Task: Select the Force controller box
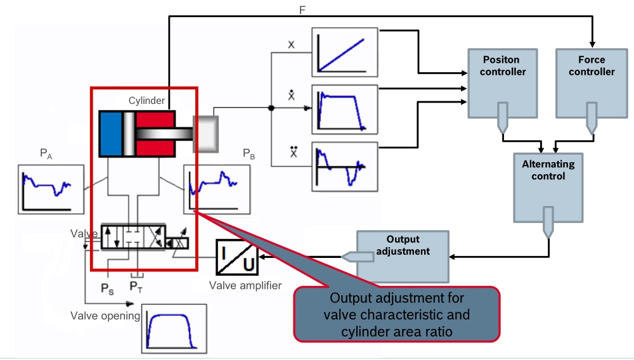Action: [x=591, y=82]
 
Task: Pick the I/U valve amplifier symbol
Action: [x=236, y=257]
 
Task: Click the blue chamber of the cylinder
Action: [x=111, y=134]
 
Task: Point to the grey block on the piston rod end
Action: [x=205, y=134]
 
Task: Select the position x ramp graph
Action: [x=344, y=52]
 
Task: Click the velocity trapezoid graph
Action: [x=344, y=108]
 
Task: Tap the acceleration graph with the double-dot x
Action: [x=344, y=167]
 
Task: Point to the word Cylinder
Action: [x=146, y=100]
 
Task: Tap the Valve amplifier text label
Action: [x=245, y=286]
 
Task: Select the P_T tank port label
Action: [x=136, y=287]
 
